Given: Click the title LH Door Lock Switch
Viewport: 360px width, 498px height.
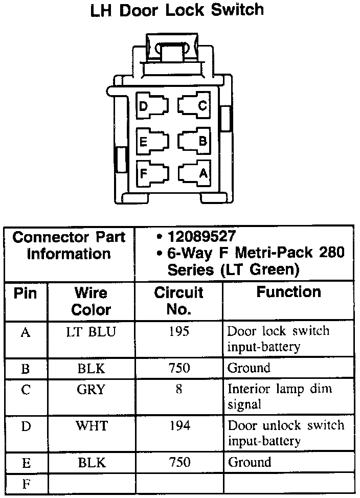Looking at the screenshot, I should point(177,10).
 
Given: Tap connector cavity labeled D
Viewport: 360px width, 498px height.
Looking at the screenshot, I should point(152,106).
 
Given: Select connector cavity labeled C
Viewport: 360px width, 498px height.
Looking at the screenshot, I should point(194,106).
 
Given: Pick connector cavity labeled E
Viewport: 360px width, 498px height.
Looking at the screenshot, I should point(152,141).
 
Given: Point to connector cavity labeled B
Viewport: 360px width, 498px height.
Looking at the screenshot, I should point(194,141).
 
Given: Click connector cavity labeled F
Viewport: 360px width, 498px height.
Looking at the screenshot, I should point(152,173).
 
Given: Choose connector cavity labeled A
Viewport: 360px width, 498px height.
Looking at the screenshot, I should point(194,173).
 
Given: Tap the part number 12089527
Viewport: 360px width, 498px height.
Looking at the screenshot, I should point(201,236).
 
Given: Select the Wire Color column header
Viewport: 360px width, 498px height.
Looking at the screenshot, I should point(91,301).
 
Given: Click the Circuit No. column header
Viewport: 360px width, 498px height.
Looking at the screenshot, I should point(178,301).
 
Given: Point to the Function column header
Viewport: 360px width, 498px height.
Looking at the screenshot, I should point(288,292).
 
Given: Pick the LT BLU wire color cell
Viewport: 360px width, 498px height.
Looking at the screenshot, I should point(91,332).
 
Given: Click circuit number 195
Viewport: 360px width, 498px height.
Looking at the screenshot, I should point(178,332).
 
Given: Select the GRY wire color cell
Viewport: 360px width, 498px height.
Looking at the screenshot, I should point(91,390).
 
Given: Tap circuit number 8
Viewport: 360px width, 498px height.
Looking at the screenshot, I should point(178,390).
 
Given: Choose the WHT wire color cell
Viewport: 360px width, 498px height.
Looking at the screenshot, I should point(91,425).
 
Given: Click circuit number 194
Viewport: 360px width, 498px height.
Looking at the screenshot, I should point(178,425).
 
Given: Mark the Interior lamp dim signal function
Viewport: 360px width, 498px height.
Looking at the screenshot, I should point(280,396).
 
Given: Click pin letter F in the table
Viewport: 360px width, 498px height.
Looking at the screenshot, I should point(26,483).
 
